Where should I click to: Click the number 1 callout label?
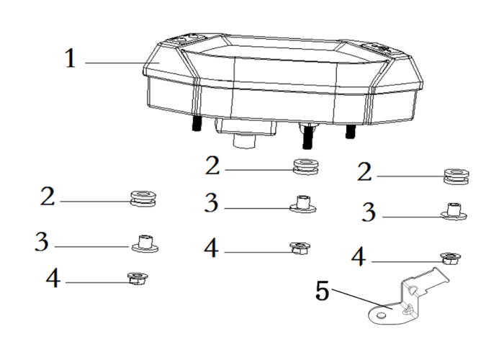pyautogui.click(x=71, y=58)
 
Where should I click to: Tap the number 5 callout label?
pyautogui.click(x=323, y=291)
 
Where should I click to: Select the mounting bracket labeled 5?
pyautogui.click(x=409, y=297)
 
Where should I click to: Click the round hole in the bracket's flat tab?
pyautogui.click(x=381, y=315)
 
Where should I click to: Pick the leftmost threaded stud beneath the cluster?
pyautogui.click(x=197, y=122)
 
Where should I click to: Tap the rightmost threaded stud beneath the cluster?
pyautogui.click(x=351, y=131)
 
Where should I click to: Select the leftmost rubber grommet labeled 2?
pyautogui.click(x=143, y=199)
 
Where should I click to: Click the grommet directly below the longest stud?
pyautogui.click(x=306, y=166)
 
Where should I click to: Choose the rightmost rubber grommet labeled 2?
pyautogui.click(x=456, y=176)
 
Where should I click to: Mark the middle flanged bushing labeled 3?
pyautogui.click(x=303, y=204)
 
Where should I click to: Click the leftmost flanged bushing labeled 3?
pyautogui.click(x=145, y=243)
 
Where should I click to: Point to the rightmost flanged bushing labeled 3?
pyautogui.click(x=454, y=211)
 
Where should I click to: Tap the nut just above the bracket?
pyautogui.click(x=450, y=258)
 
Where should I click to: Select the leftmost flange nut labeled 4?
pyautogui.click(x=138, y=279)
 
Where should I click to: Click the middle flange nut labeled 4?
pyautogui.click(x=300, y=248)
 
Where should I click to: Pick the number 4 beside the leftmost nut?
pyautogui.click(x=53, y=278)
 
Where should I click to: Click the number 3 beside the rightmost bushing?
pyautogui.click(x=369, y=212)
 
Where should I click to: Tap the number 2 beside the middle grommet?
pyautogui.click(x=212, y=166)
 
